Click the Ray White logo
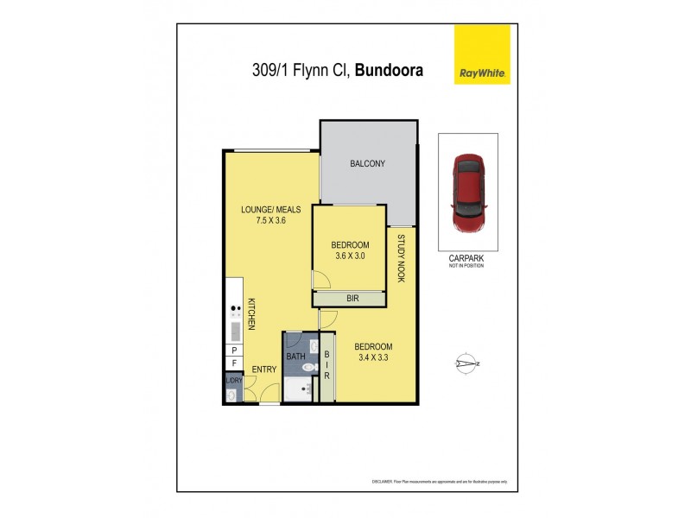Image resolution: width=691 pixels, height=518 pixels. (482, 54)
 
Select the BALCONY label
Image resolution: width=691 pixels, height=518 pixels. (367, 164)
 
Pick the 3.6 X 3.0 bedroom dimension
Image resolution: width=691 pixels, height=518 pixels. (350, 256)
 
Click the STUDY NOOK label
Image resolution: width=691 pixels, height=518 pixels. (401, 259)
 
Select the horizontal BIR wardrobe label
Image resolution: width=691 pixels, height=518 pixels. (351, 299)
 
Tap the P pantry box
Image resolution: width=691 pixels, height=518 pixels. (233, 350)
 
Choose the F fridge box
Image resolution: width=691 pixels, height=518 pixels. (233, 364)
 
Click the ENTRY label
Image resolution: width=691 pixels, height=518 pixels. (264, 370)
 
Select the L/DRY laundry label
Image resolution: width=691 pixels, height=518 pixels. (233, 380)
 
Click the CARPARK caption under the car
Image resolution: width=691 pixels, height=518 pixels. (467, 257)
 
